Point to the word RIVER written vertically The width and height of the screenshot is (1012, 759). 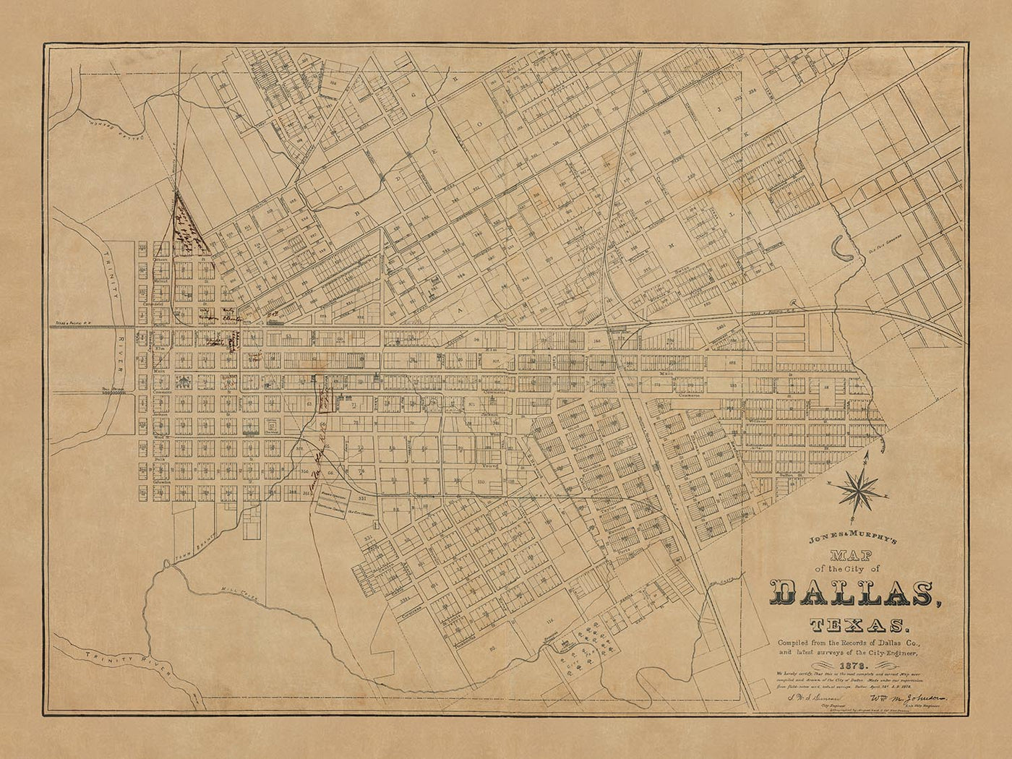click(120, 353)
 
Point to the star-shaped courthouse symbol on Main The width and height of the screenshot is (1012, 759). click(184, 381)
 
